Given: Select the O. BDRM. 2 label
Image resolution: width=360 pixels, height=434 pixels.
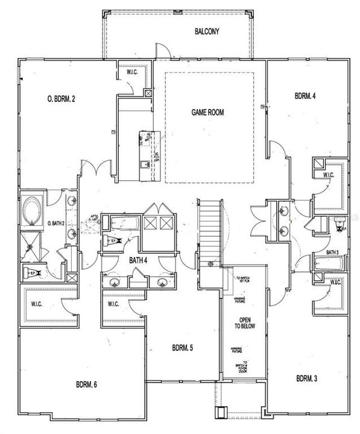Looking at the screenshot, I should [x=61, y=99].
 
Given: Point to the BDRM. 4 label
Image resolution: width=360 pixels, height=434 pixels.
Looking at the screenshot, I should [x=306, y=95].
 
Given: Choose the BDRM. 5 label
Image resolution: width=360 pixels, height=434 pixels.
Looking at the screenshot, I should [x=183, y=348].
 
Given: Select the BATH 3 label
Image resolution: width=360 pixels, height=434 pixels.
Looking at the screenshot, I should [x=332, y=252].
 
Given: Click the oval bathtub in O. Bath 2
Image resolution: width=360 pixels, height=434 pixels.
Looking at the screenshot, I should [x=31, y=212].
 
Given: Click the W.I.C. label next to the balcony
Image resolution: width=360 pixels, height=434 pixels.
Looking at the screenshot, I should [x=133, y=73].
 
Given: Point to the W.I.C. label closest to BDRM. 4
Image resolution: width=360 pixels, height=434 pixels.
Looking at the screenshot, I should [x=329, y=175].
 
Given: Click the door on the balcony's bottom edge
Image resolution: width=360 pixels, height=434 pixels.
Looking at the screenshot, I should [x=161, y=51].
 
